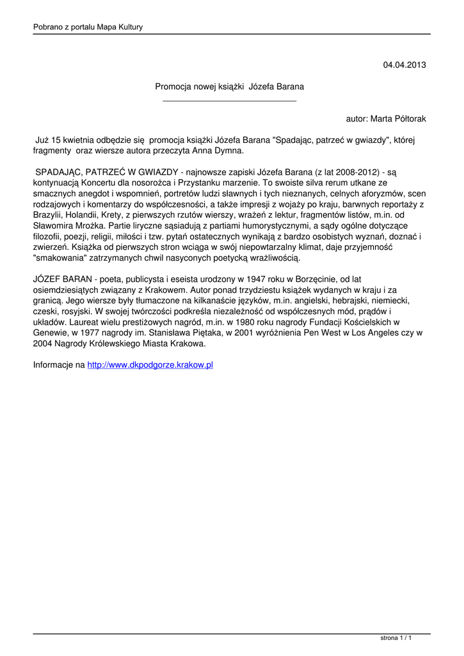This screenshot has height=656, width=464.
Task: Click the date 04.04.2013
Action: tap(404, 65)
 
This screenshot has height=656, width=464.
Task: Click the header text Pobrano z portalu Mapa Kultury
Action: tap(88, 27)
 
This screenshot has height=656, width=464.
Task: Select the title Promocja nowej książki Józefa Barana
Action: tap(230, 86)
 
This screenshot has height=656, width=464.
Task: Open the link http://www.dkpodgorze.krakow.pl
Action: tap(150, 365)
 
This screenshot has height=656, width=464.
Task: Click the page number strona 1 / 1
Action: tap(396, 638)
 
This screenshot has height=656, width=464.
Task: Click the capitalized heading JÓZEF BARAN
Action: tap(60, 279)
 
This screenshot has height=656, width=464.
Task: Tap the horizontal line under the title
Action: tap(230, 101)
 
